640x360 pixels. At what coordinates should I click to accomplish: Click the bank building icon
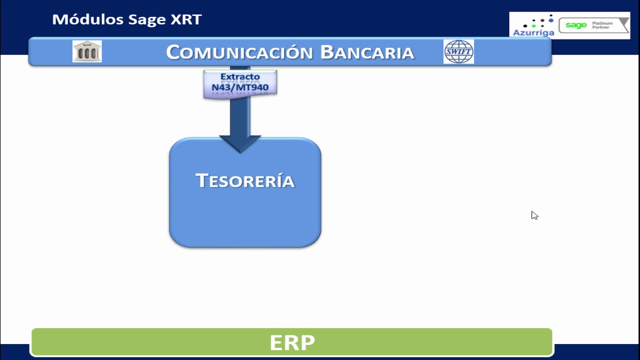click(x=87, y=51)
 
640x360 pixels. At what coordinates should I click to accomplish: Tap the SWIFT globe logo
click(x=458, y=51)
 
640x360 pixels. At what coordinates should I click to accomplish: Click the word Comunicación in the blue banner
click(x=239, y=52)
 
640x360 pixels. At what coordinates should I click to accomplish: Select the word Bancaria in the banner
click(x=367, y=52)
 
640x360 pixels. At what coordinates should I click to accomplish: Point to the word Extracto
click(x=240, y=76)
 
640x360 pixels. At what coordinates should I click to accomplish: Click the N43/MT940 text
click(x=240, y=87)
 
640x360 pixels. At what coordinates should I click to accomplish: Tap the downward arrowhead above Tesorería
click(x=240, y=143)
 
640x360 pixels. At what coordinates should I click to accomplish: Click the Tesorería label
click(x=245, y=180)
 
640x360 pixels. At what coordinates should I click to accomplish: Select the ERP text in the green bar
click(x=292, y=342)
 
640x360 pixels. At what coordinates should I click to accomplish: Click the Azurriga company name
click(x=533, y=33)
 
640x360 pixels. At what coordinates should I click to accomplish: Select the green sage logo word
click(x=576, y=25)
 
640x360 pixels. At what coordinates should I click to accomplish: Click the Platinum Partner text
click(x=602, y=25)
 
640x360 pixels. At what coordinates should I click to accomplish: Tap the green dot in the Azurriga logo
click(x=533, y=25)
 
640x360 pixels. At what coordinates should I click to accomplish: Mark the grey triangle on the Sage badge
click(x=623, y=23)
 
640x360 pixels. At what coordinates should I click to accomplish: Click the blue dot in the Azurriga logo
click(x=551, y=20)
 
